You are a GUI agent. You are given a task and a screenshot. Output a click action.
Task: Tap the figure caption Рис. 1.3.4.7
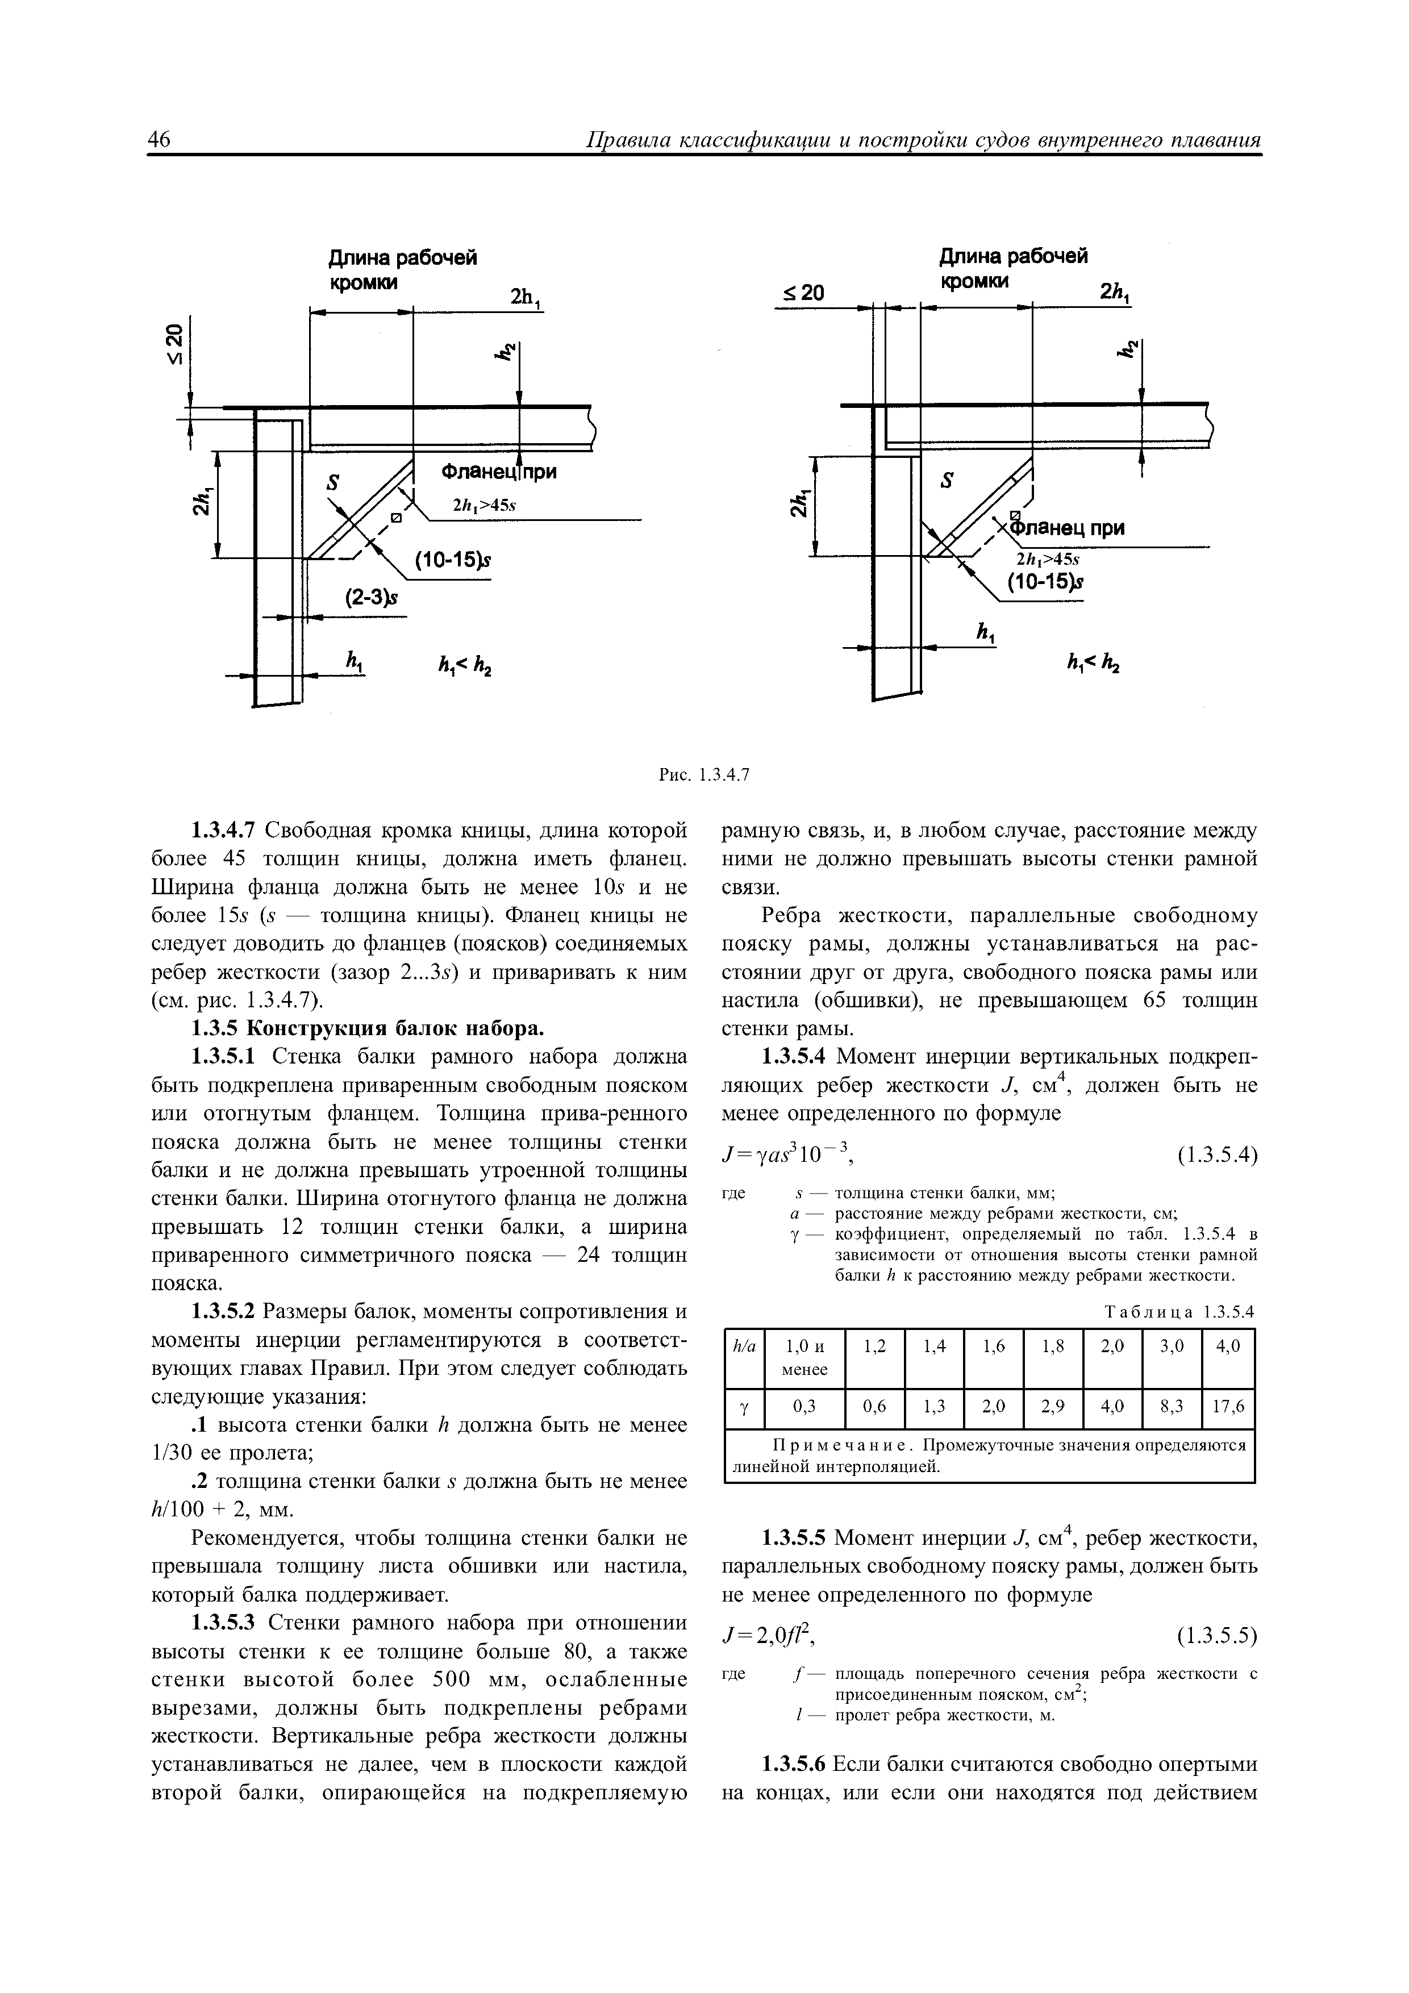coord(703,775)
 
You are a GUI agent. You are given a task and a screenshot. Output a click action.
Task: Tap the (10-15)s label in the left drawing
coord(452,562)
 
